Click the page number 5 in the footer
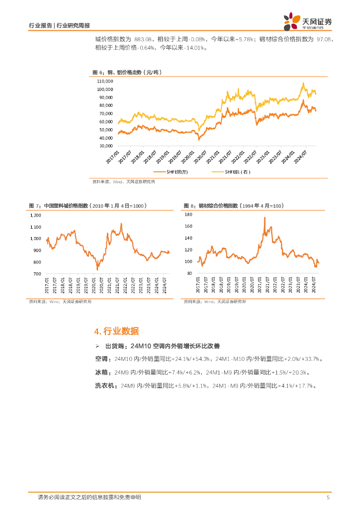pyautogui.click(x=328, y=498)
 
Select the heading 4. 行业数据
pyautogui.click(x=116, y=332)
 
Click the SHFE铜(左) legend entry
pyautogui.click(x=172, y=172)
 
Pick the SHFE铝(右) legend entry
pyautogui.click(x=231, y=172)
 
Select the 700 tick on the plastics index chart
pyautogui.click(x=37, y=274)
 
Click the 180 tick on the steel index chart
pyautogui.click(x=188, y=215)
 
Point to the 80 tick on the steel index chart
pyautogui.click(x=189, y=274)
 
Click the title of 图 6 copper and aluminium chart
pyautogui.click(x=127, y=73)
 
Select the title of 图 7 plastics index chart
pyautogui.click(x=87, y=205)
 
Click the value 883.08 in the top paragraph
pyautogui.click(x=144, y=39)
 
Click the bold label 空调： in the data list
pyautogui.click(x=103, y=359)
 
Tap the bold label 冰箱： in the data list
pyautogui.click(x=103, y=372)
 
